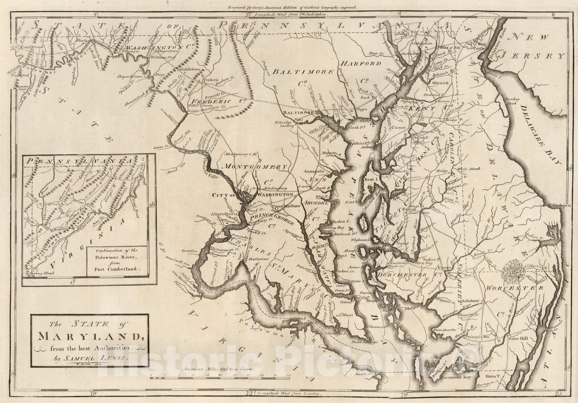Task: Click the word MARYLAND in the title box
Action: click(x=89, y=338)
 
